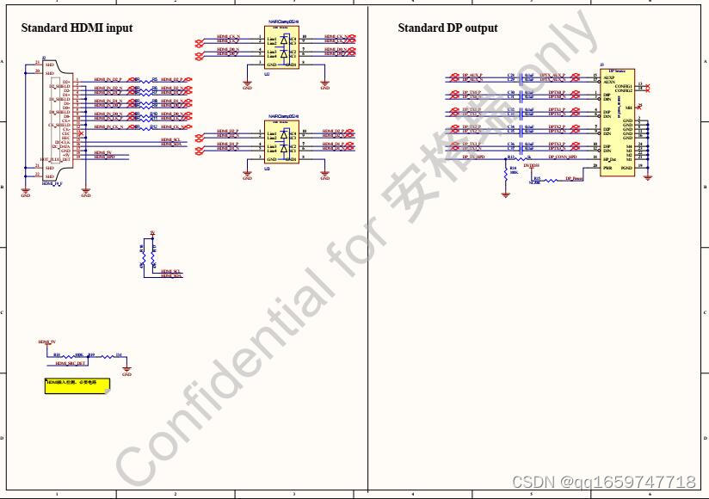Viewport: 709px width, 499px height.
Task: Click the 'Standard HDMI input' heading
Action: coord(77,28)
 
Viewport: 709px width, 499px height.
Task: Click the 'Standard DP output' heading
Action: coord(447,28)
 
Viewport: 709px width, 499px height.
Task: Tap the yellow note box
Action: coord(77,385)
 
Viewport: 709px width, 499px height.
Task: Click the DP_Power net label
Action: coord(574,180)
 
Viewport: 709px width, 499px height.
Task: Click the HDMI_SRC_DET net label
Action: coord(71,364)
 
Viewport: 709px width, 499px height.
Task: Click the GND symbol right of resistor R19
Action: coord(126,372)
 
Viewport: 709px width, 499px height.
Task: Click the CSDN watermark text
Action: coord(603,482)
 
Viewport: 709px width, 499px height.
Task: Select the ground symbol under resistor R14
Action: coord(505,195)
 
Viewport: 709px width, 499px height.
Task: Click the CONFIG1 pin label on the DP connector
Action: coord(624,86)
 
